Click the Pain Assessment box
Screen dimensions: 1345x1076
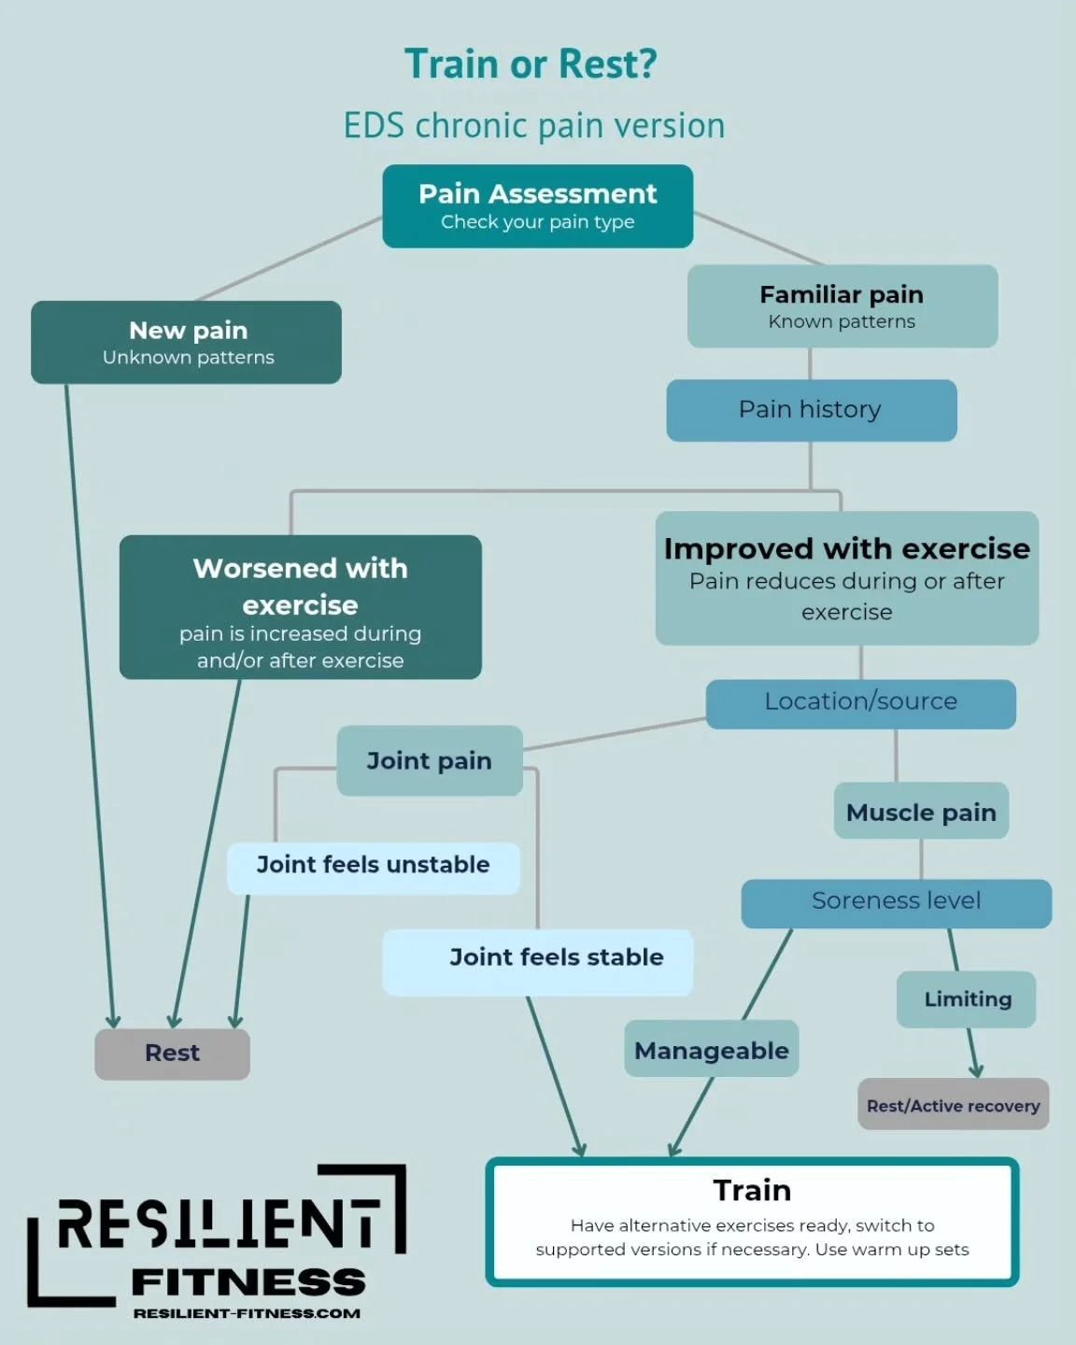coord(537,206)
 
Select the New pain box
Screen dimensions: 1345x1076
coord(186,342)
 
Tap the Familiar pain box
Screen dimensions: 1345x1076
coord(842,306)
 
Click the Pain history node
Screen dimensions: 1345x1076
coord(811,410)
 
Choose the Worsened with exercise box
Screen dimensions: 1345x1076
coord(300,607)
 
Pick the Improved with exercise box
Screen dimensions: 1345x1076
coord(846,577)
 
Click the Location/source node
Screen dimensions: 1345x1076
coord(860,703)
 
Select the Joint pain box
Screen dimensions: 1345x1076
coord(429,761)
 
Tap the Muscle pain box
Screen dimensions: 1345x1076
coord(921,812)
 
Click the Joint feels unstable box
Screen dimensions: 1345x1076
coord(373,867)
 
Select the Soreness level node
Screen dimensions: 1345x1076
coord(896,902)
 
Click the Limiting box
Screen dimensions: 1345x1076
coord(967,999)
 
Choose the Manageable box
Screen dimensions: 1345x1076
coord(711,1050)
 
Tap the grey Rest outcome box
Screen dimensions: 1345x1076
coord(172,1054)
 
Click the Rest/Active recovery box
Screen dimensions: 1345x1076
coord(953,1105)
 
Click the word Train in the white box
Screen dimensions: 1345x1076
coord(752,1191)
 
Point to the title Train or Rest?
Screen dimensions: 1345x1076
coord(531,64)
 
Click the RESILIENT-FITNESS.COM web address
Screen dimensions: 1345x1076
coord(247,1313)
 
